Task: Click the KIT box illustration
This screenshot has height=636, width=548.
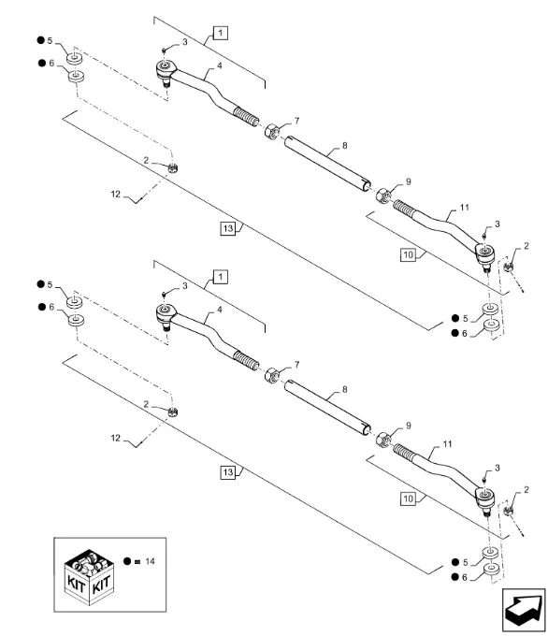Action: tap(89, 578)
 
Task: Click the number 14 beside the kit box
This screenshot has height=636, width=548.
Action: tap(150, 561)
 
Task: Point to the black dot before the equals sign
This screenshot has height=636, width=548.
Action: tap(127, 561)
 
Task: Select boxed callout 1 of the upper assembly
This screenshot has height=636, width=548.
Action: tap(221, 33)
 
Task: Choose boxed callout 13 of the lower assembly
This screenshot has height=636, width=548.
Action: tap(228, 472)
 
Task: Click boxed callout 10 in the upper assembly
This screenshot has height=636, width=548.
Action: tap(408, 254)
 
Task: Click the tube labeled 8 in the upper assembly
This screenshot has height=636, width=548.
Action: tap(327, 163)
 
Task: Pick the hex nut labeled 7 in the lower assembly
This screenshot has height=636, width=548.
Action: tap(271, 375)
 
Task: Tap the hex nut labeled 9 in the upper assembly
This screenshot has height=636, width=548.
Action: tap(383, 195)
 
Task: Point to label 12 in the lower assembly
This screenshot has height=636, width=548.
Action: tap(116, 438)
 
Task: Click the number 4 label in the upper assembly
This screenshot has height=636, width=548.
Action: tap(220, 65)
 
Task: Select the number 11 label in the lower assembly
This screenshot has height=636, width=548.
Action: tap(447, 444)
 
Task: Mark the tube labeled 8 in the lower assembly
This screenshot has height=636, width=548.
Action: tap(327, 407)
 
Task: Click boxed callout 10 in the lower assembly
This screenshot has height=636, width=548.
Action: tap(408, 499)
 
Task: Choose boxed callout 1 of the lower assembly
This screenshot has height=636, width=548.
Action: tap(221, 278)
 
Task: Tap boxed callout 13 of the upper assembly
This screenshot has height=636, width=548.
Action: tap(228, 228)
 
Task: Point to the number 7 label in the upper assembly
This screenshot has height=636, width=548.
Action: tap(297, 121)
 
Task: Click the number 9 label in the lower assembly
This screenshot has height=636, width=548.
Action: tap(409, 426)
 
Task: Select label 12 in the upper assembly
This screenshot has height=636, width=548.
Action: tap(116, 195)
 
